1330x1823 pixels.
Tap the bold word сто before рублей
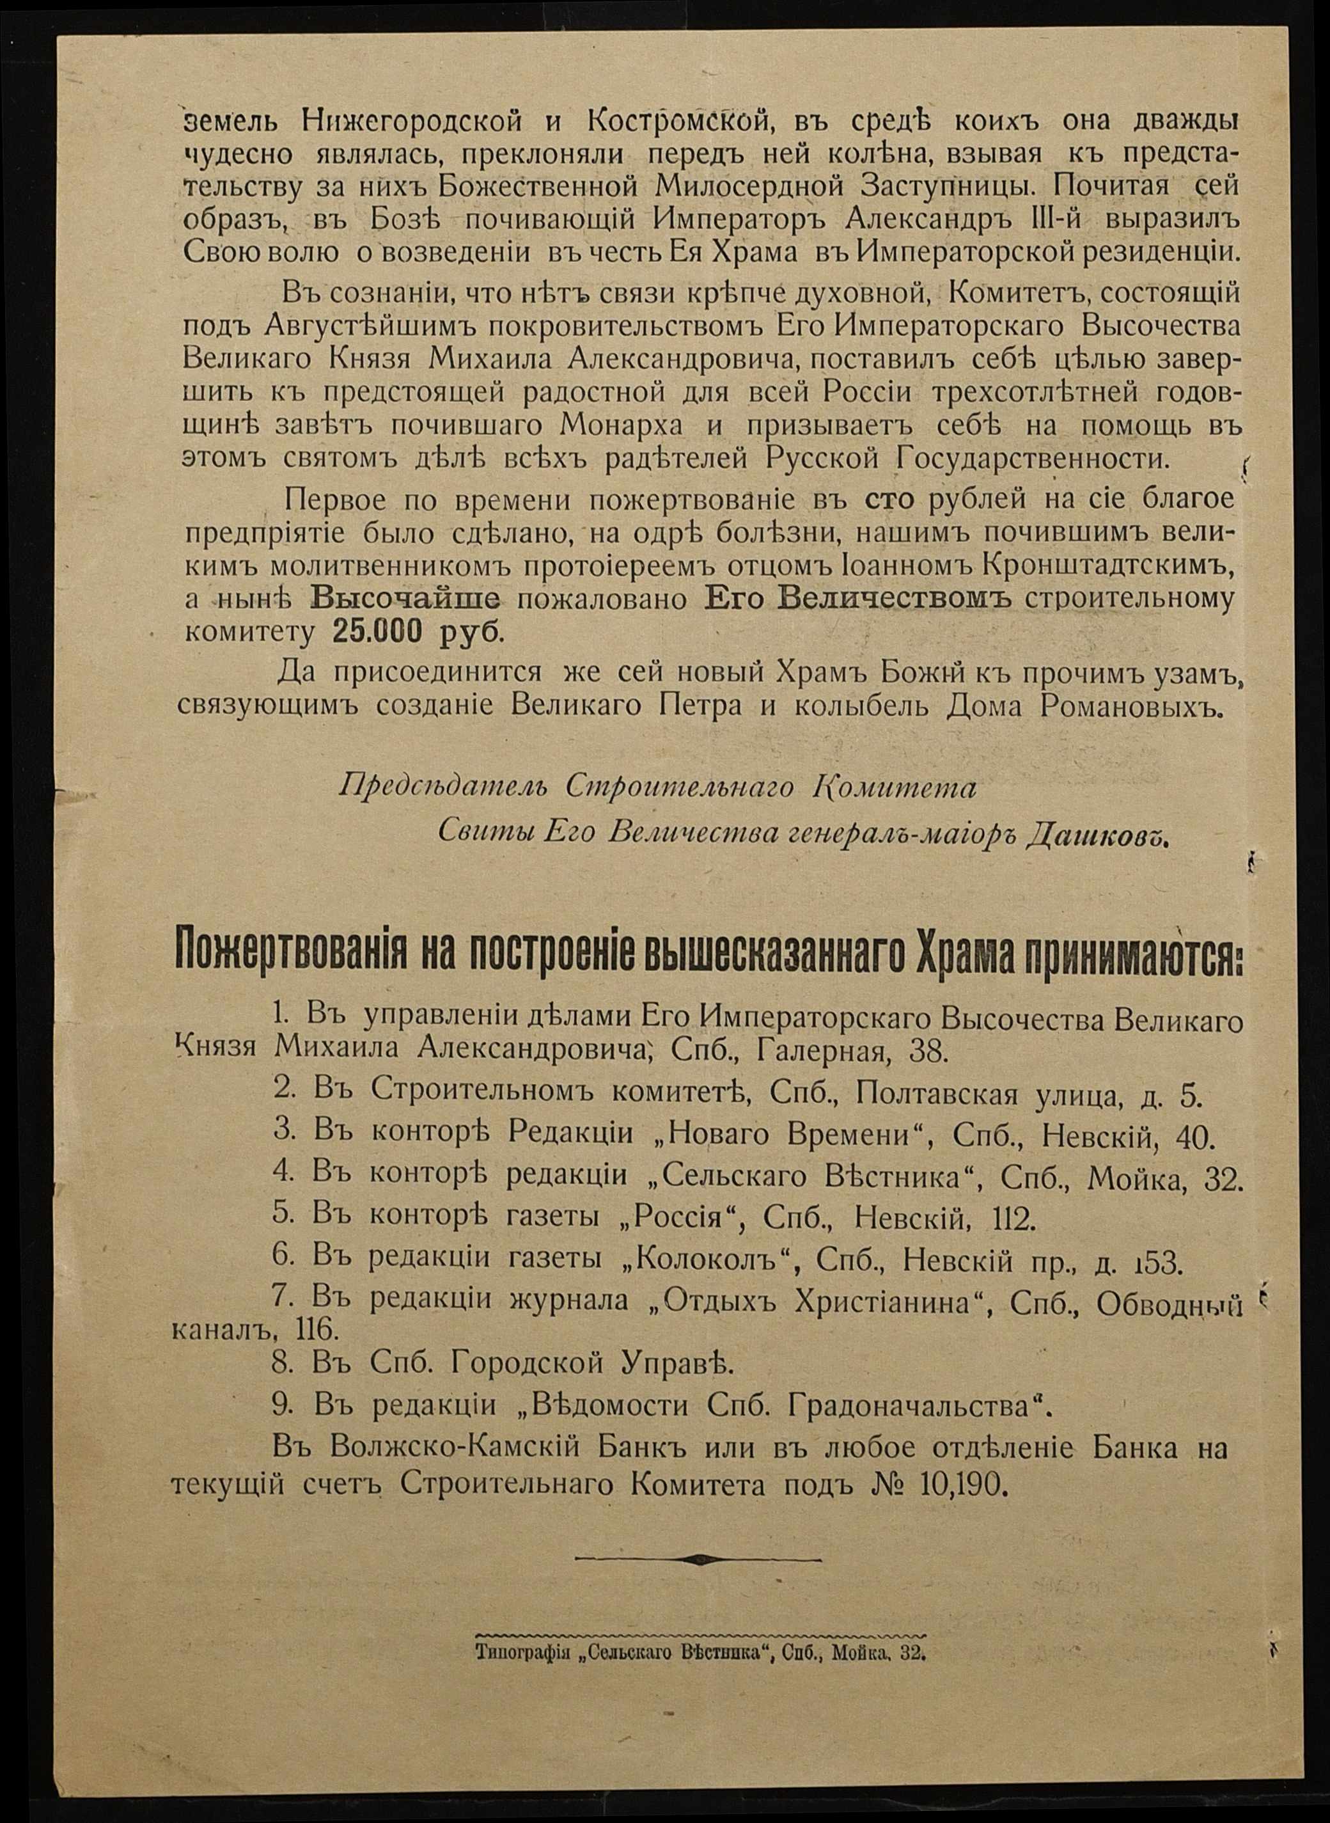[x=888, y=500]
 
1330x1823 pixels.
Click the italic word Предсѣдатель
[x=444, y=787]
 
